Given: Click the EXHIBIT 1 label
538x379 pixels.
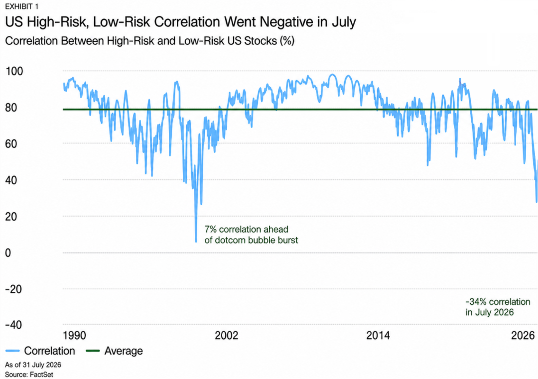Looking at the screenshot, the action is [x=21, y=6].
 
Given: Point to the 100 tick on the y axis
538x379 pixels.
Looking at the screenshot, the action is [x=14, y=71].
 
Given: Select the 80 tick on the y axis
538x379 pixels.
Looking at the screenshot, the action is [x=11, y=108].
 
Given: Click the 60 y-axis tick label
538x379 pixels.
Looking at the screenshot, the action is [x=11, y=144].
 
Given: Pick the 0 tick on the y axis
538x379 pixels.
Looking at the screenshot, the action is [x=8, y=253].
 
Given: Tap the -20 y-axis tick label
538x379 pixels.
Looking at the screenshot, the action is [x=13, y=289].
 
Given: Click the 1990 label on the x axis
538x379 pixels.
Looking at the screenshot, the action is [x=74, y=335].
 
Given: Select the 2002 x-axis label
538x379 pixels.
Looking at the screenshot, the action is [x=227, y=335].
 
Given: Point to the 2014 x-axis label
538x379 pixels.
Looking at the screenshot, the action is [x=378, y=335].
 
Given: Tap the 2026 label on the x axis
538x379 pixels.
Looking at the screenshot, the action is [x=523, y=335].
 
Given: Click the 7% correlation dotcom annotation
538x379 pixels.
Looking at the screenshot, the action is [x=251, y=235].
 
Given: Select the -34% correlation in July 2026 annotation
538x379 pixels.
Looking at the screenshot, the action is [x=498, y=307].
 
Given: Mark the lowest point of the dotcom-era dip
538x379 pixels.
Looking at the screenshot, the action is [x=196, y=242].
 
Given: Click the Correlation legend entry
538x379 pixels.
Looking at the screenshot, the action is [x=40, y=351].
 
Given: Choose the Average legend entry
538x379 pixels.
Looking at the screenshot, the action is [x=114, y=351].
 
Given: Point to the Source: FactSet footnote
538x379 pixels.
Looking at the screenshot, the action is [x=29, y=375].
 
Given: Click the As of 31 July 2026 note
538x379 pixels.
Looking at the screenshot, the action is [x=33, y=365].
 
